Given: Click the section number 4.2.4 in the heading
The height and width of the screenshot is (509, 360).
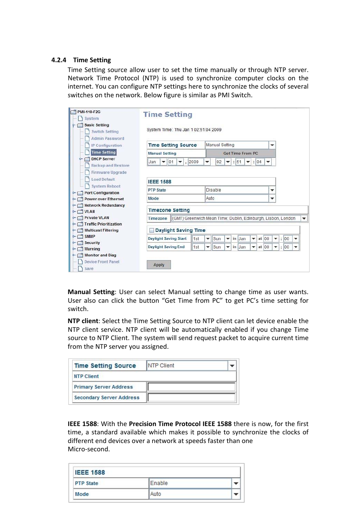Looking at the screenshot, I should pyautogui.click(x=58, y=60).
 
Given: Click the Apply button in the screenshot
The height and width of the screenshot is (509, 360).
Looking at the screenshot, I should pyautogui.click(x=159, y=265).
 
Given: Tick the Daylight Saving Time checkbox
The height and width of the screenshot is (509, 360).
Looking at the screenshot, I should pyautogui.click(x=152, y=230).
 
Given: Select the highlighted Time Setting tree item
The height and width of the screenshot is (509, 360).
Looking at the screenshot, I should pyautogui.click(x=103, y=152).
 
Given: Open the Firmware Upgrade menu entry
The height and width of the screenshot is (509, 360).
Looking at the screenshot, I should pyautogui.click(x=109, y=172).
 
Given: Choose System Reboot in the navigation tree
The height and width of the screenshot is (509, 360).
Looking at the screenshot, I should pyautogui.click(x=106, y=186).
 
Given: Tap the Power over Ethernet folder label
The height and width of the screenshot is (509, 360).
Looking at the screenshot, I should pyautogui.click(x=104, y=199).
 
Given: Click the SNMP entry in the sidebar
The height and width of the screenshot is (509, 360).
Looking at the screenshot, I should pyautogui.click(x=90, y=236).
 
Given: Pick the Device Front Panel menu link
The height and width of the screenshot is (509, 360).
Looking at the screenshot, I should pyautogui.click(x=102, y=262).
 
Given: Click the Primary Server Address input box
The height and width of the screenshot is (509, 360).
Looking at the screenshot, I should pyautogui.click(x=191, y=387).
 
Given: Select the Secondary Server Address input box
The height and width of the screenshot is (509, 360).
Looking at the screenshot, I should pyautogui.click(x=191, y=397).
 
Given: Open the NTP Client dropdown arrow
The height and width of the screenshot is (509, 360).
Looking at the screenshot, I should pyautogui.click(x=232, y=366).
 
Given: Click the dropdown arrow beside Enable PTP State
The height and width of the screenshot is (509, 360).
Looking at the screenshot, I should pyautogui.click(x=236, y=483).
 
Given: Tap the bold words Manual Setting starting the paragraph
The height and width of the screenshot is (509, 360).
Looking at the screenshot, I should pyautogui.click(x=91, y=292).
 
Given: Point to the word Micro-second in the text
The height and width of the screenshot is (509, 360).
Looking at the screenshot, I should pyautogui.click(x=88, y=449).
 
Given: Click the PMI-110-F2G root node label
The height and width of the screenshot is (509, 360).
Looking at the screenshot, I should pyautogui.click(x=89, y=112).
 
